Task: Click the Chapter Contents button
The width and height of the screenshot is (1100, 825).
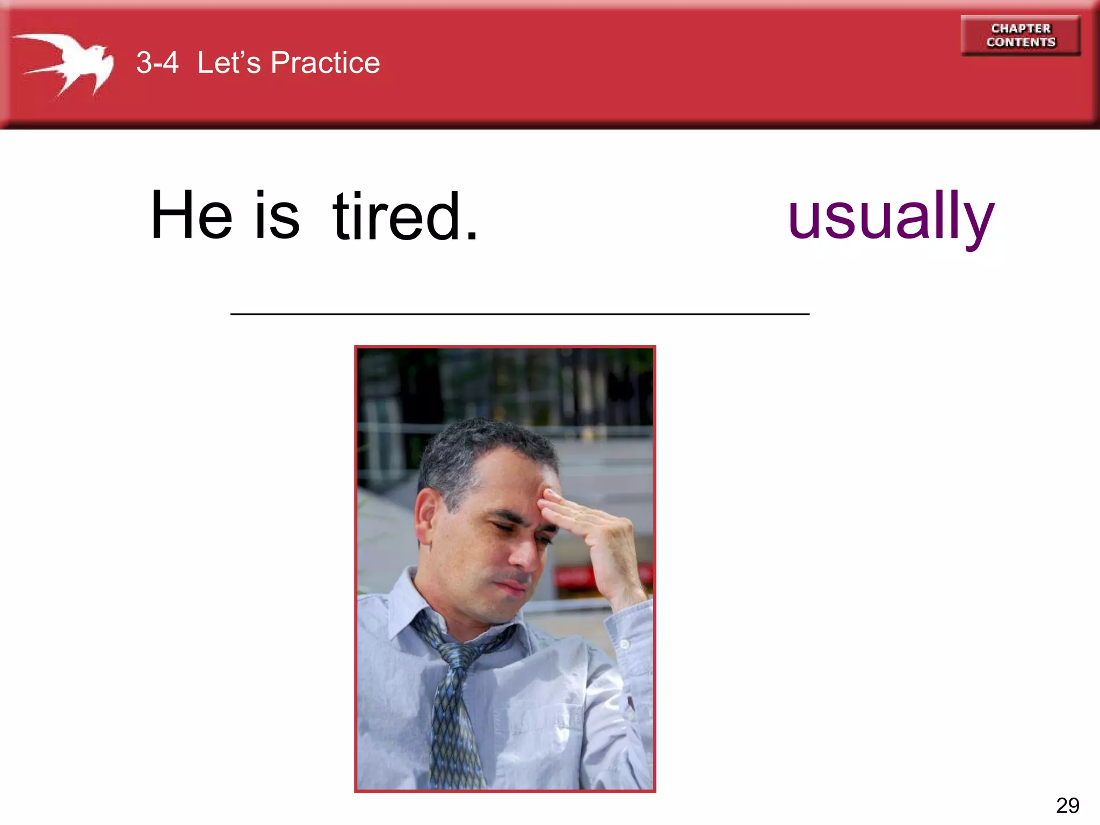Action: (1020, 35)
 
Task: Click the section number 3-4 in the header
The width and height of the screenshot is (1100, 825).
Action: (157, 63)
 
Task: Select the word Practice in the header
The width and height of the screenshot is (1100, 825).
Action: (325, 63)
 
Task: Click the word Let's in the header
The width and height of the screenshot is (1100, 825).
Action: (229, 63)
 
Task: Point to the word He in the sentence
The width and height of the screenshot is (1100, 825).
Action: (191, 215)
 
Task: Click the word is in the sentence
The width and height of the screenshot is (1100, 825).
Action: (277, 215)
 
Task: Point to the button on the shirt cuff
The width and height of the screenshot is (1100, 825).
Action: (625, 644)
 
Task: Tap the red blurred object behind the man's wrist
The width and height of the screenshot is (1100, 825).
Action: (575, 577)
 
